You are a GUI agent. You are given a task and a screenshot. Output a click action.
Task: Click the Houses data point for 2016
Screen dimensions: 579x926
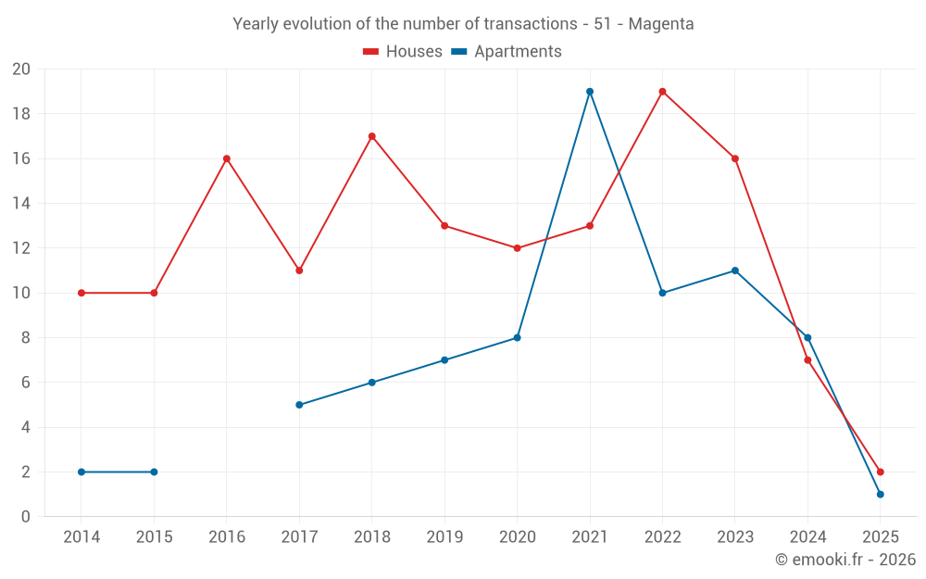226,158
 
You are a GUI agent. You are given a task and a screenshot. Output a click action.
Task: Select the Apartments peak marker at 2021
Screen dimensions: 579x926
590,92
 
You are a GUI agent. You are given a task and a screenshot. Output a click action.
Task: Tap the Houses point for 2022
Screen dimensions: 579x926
662,92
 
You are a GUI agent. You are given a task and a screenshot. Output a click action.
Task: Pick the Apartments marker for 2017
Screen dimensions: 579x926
299,405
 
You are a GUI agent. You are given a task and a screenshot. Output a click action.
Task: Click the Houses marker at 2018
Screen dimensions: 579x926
371,136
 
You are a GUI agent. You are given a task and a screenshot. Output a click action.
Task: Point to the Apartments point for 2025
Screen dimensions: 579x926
880,494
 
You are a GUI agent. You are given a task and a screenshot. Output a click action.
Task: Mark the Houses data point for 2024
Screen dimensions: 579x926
807,360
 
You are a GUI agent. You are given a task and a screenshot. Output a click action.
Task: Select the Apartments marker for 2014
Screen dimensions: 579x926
81,472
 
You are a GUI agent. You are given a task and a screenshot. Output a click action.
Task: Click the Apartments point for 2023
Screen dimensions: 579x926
735,271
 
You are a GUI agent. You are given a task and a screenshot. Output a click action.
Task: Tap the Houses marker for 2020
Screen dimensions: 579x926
517,248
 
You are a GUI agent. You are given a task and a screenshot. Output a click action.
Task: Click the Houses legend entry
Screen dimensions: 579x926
403,52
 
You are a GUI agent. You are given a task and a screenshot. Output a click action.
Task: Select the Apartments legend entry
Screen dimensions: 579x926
507,52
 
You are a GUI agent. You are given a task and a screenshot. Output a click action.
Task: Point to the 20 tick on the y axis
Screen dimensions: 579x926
21,69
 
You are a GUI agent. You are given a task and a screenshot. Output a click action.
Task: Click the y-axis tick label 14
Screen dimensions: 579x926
21,204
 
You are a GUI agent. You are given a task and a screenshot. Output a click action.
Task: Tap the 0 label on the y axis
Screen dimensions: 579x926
26,517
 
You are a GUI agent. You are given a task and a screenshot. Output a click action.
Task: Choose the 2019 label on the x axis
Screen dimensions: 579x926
444,537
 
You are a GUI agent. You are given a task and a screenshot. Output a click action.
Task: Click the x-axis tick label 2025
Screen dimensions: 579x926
880,537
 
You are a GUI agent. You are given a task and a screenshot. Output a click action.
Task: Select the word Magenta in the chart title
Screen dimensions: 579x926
661,24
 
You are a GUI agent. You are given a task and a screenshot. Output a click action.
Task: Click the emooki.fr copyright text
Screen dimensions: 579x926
845,560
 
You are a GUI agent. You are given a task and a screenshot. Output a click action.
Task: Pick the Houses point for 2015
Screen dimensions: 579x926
154,293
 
